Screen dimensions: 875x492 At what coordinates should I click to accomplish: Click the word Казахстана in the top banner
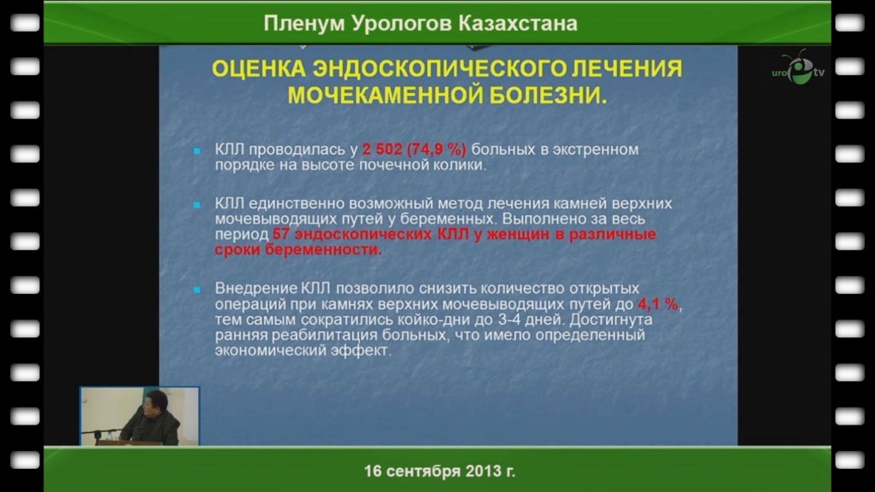point(518,23)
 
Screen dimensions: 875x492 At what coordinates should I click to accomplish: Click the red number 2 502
point(382,149)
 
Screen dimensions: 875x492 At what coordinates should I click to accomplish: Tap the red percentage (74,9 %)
point(437,149)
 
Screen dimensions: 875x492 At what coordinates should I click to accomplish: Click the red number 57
point(280,234)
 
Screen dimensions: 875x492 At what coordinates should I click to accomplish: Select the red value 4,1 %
point(658,304)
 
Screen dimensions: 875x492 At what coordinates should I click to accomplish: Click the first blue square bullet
point(197,150)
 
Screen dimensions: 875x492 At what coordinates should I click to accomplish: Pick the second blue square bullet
point(197,205)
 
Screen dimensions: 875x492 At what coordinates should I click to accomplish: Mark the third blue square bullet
point(197,290)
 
